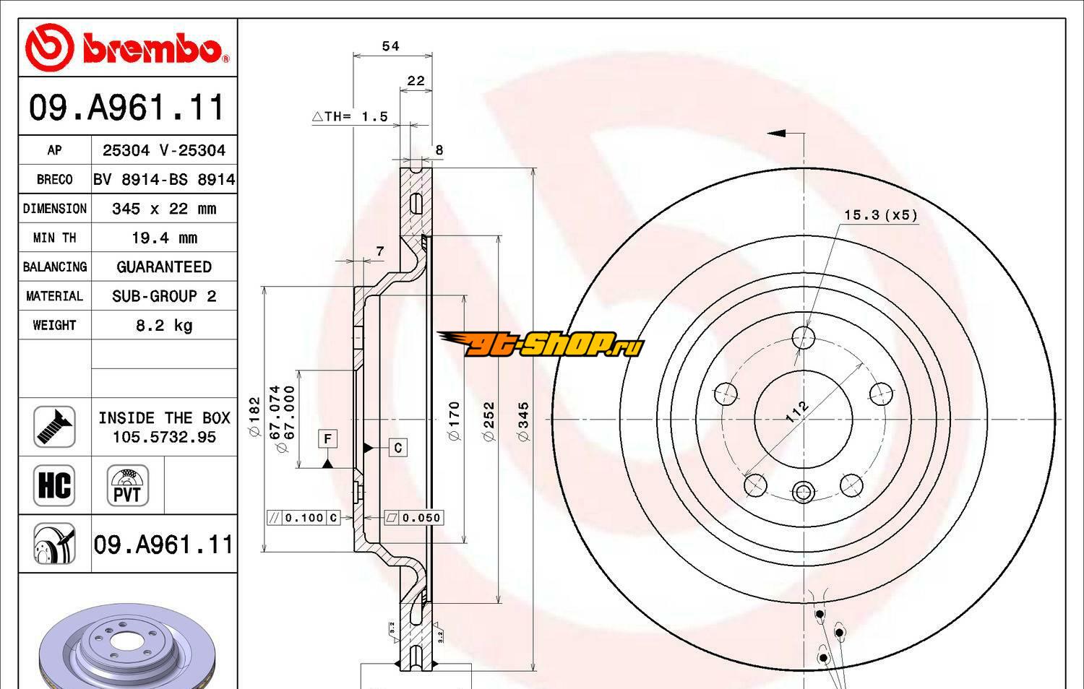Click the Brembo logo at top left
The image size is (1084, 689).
[127, 48]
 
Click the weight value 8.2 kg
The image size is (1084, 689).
[164, 326]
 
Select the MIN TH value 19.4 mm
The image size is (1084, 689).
[164, 238]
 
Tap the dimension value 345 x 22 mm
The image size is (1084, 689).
[164, 209]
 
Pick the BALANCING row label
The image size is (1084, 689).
[55, 267]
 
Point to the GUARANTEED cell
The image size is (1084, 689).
[164, 267]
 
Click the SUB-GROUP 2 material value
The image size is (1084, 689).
[164, 296]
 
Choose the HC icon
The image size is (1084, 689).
[54, 485]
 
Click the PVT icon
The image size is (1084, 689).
[128, 485]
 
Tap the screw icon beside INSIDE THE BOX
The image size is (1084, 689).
[54, 427]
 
